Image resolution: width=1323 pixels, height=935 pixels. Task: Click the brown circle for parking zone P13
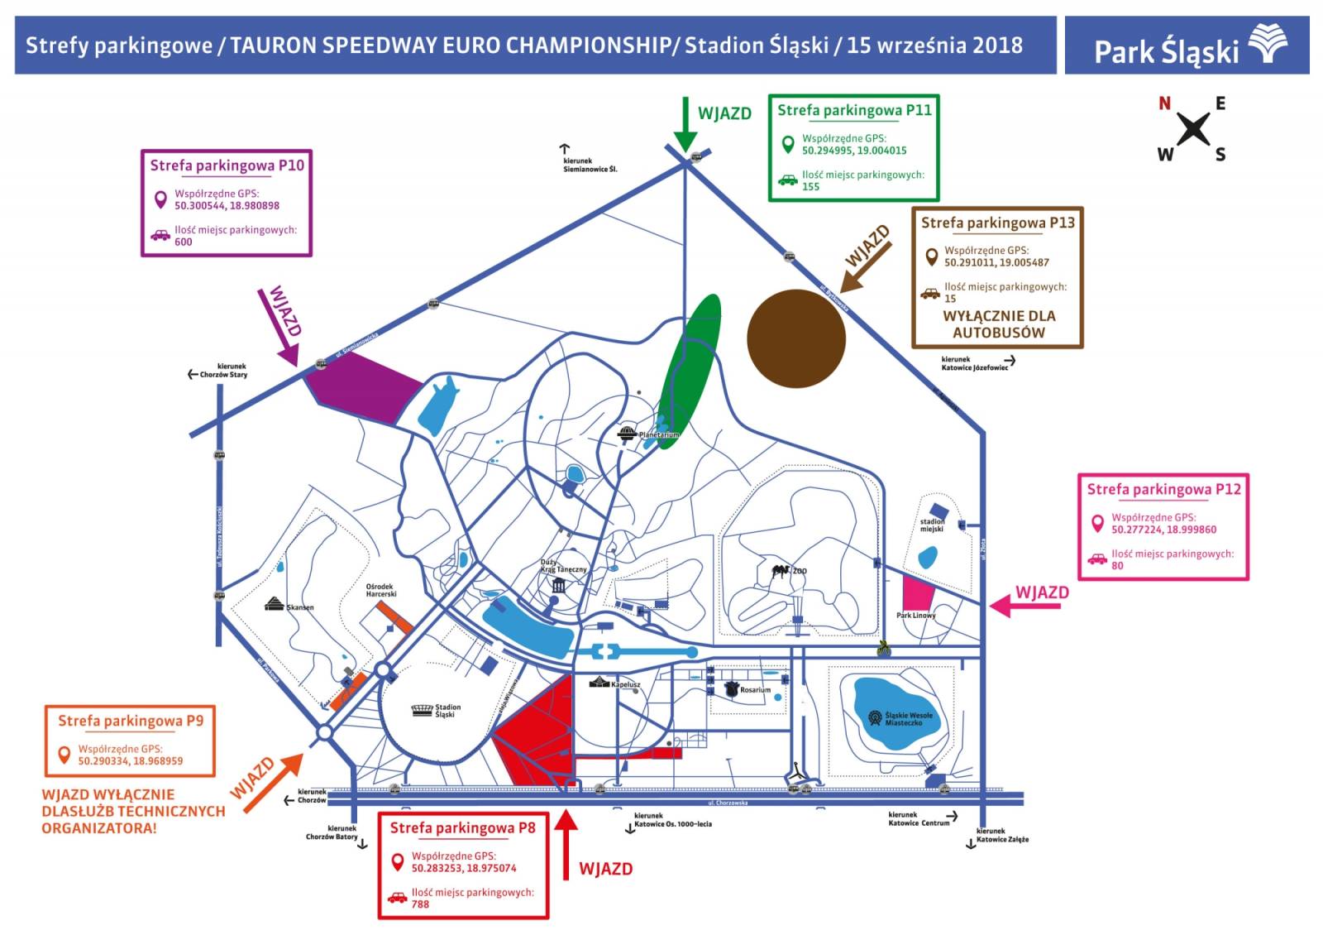point(795,338)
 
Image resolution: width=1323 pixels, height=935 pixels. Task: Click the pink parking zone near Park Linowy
point(916,592)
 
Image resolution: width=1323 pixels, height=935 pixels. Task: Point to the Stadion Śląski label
point(447,711)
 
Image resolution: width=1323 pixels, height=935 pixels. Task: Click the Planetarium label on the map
point(658,434)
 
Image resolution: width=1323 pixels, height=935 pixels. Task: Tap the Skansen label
point(299,607)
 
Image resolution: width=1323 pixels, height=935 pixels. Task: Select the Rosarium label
point(755,689)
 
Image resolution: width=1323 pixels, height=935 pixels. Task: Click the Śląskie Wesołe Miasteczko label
point(908,718)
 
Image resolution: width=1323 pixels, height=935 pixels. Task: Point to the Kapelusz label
point(625,684)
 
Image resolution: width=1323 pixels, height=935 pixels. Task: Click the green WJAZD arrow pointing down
point(685,124)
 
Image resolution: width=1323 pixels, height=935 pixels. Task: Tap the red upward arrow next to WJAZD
point(566,844)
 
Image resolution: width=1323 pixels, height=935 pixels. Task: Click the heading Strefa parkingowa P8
point(462,827)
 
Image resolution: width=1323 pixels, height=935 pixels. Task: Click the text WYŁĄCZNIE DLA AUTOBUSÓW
point(998,324)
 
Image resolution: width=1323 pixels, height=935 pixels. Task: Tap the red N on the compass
point(1164,103)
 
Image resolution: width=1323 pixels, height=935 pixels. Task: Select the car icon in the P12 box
point(1096,559)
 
